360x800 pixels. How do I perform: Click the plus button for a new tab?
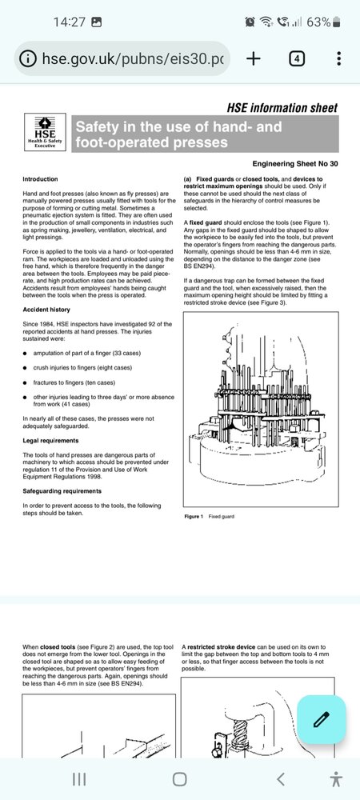253,58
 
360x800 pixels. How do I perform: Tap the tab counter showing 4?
297,58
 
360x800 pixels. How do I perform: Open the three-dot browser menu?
339,58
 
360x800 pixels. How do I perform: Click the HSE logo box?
45,133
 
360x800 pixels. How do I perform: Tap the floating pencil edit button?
321,719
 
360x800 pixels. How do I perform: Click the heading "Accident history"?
46,310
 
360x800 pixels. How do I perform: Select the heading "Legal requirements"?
50,440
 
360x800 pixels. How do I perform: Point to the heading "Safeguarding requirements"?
62,491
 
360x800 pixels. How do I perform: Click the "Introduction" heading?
40,179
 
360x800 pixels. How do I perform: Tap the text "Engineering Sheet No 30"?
294,164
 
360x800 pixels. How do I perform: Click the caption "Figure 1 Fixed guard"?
209,517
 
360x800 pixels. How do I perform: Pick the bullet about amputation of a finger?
87,353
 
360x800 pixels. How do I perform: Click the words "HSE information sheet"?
282,108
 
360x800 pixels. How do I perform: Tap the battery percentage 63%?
319,22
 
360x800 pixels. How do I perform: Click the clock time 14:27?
70,22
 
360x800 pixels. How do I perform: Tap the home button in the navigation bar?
179,778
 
